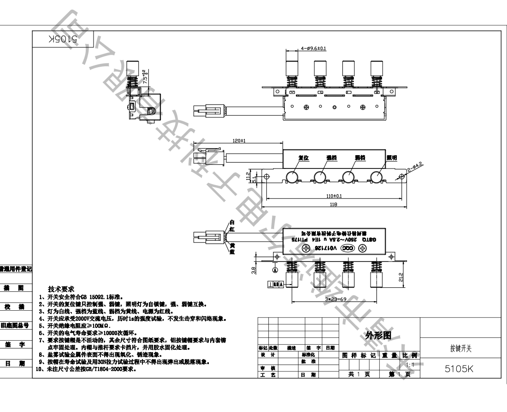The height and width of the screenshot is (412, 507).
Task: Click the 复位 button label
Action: pyautogui.click(x=303, y=157)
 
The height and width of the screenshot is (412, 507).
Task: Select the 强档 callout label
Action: pyautogui.click(x=331, y=157)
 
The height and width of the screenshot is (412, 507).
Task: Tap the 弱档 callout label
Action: pyautogui.click(x=360, y=157)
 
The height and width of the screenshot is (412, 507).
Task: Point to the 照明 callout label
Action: pyautogui.click(x=392, y=158)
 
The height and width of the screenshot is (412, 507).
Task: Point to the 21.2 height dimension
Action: pyautogui.click(x=401, y=277)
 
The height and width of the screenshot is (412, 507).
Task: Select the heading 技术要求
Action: pyautogui.click(x=65, y=289)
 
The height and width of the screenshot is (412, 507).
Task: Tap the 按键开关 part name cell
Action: pyautogui.click(x=460, y=349)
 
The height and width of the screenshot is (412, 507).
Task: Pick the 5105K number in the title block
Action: pyautogui.click(x=460, y=369)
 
